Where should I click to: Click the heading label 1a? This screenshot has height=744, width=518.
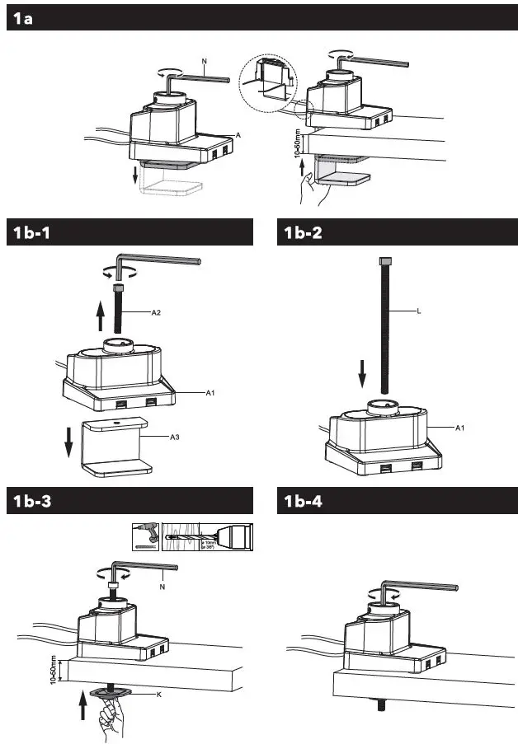pos(23,19)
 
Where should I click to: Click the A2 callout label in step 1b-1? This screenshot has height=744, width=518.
pos(156,313)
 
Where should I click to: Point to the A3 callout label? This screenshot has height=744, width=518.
pos(174,438)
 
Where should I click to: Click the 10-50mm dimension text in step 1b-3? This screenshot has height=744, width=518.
pos(54,668)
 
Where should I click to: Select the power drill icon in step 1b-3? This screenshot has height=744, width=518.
pos(146,537)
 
